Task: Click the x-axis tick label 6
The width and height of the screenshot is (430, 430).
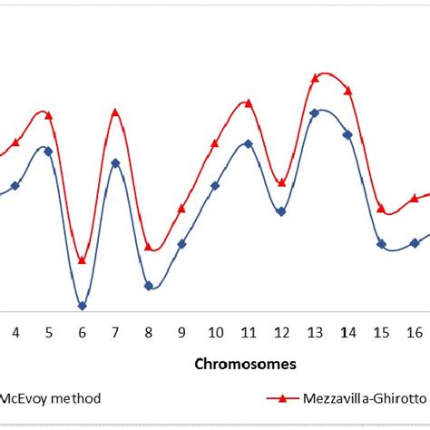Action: [82, 332]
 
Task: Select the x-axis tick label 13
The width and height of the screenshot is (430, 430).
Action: [315, 332]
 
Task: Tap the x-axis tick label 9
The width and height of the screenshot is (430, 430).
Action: [181, 332]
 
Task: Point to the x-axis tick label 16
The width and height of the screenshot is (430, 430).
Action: [415, 332]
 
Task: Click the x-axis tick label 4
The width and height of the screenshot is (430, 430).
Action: [15, 332]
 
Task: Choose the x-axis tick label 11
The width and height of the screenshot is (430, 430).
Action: [248, 332]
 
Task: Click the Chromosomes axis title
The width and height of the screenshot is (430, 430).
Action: [247, 363]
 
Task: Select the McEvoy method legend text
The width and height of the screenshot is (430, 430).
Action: [50, 397]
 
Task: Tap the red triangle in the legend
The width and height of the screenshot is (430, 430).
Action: [282, 397]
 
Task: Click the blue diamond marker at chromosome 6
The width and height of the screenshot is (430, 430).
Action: [82, 306]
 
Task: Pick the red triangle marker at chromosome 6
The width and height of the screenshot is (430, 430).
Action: [82, 260]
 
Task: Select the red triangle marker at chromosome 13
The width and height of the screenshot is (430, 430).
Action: [315, 78]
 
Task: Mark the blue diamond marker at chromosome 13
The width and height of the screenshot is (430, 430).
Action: [315, 113]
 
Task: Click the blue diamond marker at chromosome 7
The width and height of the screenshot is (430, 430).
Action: [115, 163]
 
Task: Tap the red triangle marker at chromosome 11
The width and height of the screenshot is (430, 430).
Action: [248, 103]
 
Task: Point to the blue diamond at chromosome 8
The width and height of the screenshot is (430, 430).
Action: [149, 286]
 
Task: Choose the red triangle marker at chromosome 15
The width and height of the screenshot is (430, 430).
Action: [381, 207]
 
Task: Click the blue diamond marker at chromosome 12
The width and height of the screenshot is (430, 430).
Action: [281, 211]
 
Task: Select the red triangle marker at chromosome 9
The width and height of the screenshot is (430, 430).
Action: [181, 209]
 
